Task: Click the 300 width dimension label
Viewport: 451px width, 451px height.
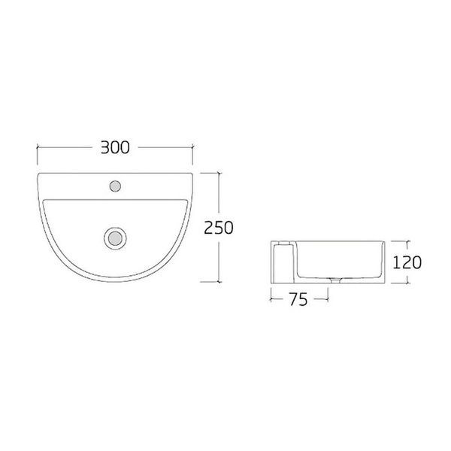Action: click(x=115, y=147)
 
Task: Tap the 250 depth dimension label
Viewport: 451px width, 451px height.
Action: click(x=219, y=228)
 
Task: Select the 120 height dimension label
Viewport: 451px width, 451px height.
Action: click(x=407, y=262)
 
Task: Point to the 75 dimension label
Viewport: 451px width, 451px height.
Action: click(x=298, y=299)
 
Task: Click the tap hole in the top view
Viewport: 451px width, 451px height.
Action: click(x=115, y=186)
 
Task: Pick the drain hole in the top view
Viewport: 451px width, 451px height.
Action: click(x=115, y=238)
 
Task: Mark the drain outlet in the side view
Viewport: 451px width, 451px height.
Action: click(x=335, y=280)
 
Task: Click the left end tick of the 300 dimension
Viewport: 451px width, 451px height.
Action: click(x=38, y=147)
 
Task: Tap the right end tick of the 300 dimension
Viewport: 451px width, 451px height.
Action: click(x=192, y=147)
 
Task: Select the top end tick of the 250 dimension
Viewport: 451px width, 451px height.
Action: click(x=219, y=173)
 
